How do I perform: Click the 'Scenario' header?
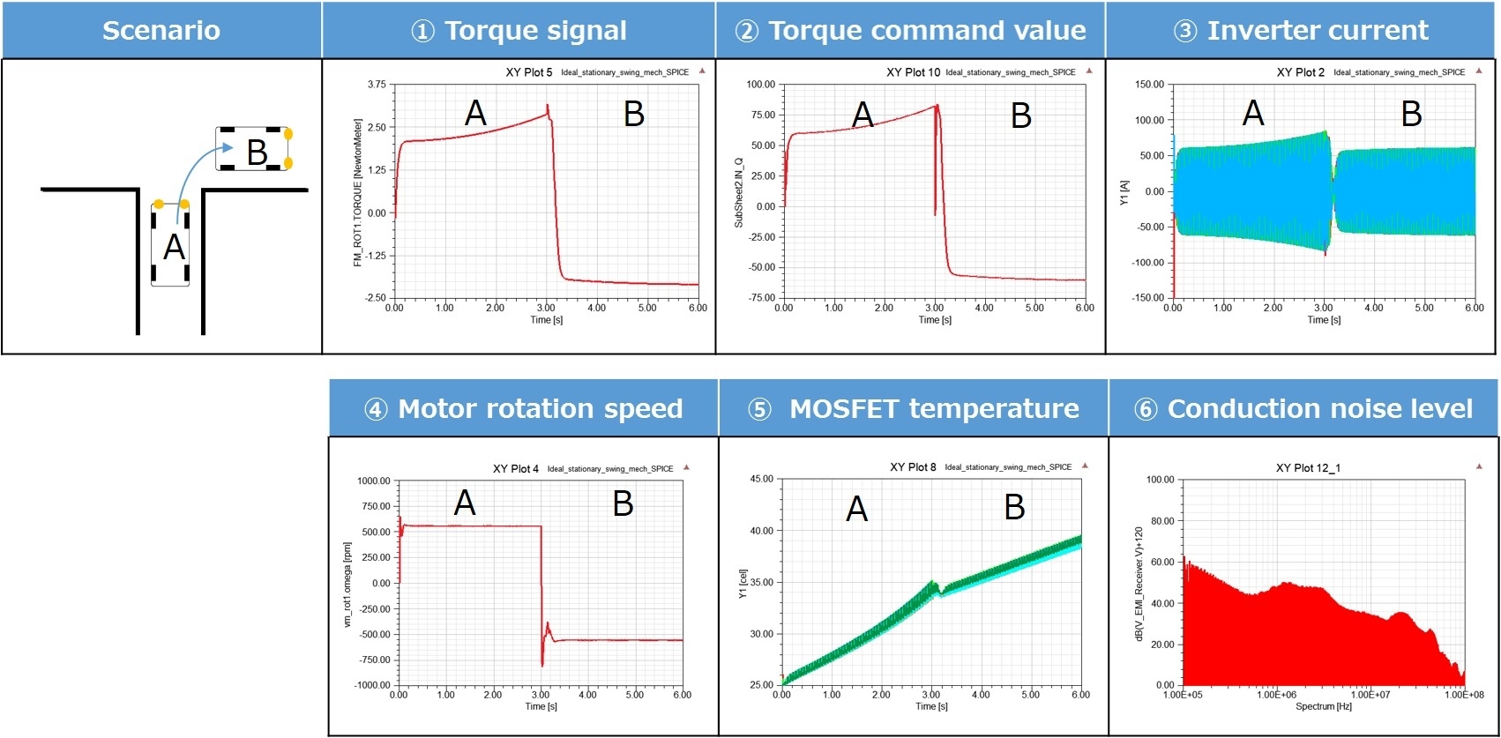click(x=161, y=31)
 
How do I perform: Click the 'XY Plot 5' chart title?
click(x=528, y=72)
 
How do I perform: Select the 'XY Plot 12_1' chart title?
click(x=1308, y=468)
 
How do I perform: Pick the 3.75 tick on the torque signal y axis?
click(x=377, y=85)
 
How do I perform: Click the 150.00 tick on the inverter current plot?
click(x=1149, y=85)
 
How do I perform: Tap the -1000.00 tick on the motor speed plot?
click(x=373, y=685)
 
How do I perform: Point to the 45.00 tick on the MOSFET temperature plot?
click(x=761, y=480)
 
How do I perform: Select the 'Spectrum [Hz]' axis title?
click(x=1323, y=706)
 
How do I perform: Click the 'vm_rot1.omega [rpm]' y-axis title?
click(x=347, y=585)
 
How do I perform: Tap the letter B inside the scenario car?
click(x=257, y=153)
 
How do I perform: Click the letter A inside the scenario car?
click(x=175, y=248)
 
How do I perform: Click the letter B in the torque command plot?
click(x=1020, y=116)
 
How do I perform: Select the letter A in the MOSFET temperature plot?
click(x=856, y=509)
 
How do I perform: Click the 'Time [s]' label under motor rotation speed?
click(x=541, y=706)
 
